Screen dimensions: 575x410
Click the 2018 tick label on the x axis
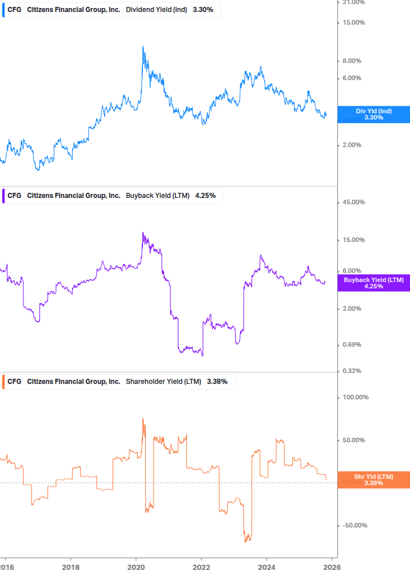tap(70, 567)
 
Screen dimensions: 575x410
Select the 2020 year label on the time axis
tap(136, 567)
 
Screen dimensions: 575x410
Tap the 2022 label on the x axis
tap(201, 567)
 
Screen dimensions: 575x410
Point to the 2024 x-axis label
tap(266, 567)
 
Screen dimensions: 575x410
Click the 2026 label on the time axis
tap(332, 567)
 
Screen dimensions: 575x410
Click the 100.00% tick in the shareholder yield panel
tap(356, 398)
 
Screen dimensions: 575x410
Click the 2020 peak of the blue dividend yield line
tap(142, 46)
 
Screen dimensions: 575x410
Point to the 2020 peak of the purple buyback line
tap(142, 233)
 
